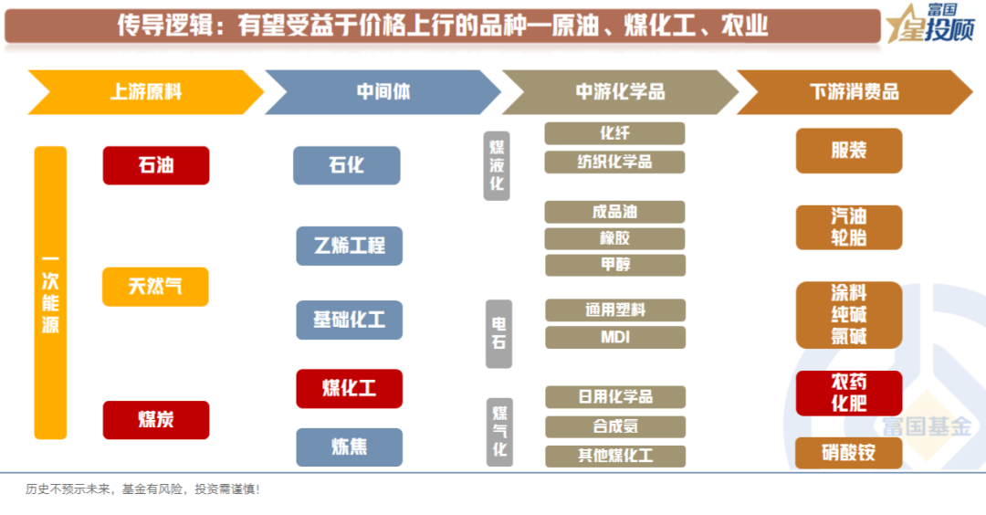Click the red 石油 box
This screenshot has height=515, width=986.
pyautogui.click(x=155, y=165)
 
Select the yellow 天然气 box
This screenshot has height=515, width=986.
pyautogui.click(x=155, y=287)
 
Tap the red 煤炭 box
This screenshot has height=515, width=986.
pyautogui.click(x=155, y=420)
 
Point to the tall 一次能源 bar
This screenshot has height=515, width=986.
pyautogui.click(x=50, y=292)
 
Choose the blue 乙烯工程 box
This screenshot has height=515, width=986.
pyautogui.click(x=349, y=246)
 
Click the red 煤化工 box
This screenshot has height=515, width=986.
pyautogui.click(x=349, y=388)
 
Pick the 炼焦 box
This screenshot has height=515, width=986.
pyautogui.click(x=349, y=447)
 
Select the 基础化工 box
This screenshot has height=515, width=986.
pyautogui.click(x=349, y=320)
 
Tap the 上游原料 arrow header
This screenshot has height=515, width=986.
pyautogui.click(x=146, y=92)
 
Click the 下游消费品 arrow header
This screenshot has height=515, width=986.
pyautogui.click(x=854, y=92)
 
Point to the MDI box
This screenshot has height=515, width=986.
pyautogui.click(x=614, y=337)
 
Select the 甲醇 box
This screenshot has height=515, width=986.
pyautogui.click(x=614, y=265)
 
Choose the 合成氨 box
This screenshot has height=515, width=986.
pyautogui.click(x=614, y=426)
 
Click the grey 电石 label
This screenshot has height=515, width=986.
pyautogui.click(x=498, y=333)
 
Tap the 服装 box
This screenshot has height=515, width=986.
pyautogui.click(x=848, y=151)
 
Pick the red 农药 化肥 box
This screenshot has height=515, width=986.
pyautogui.click(x=848, y=393)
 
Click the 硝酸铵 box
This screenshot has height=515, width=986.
pyautogui.click(x=848, y=453)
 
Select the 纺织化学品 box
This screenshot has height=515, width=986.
pyautogui.click(x=614, y=162)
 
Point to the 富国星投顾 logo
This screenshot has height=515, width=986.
pyautogui.click(x=931, y=25)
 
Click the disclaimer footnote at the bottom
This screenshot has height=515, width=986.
pyautogui.click(x=142, y=489)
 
